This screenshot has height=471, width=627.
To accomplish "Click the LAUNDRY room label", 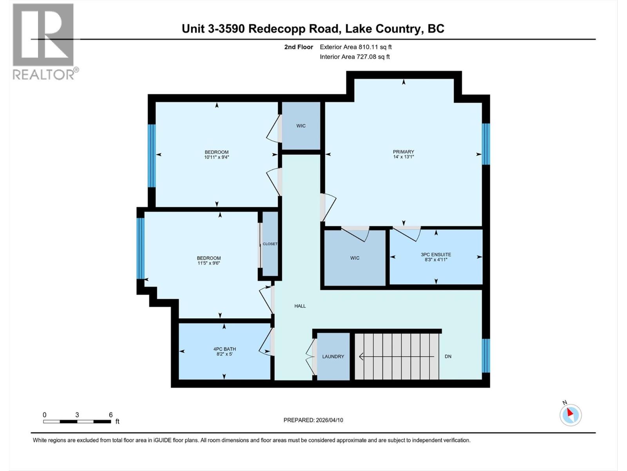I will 333,356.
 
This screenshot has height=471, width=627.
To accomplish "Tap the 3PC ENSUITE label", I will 436,254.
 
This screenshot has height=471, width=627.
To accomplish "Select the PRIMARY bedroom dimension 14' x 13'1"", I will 404,157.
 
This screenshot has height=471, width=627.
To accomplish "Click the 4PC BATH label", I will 225,349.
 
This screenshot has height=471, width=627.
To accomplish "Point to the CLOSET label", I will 270,244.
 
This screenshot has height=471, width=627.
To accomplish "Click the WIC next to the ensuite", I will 355,258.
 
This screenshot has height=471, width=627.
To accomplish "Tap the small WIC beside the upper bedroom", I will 301,126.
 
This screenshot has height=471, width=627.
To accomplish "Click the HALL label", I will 300,306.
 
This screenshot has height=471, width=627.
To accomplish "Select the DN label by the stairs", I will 448,356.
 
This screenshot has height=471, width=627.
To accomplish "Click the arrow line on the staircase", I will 396,356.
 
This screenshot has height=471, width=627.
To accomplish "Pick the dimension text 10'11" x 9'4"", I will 216,157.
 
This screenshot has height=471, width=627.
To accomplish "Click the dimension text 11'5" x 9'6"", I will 209,263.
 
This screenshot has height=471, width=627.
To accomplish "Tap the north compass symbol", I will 571,414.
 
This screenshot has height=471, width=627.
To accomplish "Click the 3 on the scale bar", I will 77,415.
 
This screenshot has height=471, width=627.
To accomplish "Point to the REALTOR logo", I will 44,41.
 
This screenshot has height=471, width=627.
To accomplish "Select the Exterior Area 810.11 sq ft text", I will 355,47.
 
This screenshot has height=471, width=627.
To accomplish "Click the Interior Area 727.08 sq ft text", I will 355,57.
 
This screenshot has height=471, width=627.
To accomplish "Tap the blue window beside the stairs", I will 486,355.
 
